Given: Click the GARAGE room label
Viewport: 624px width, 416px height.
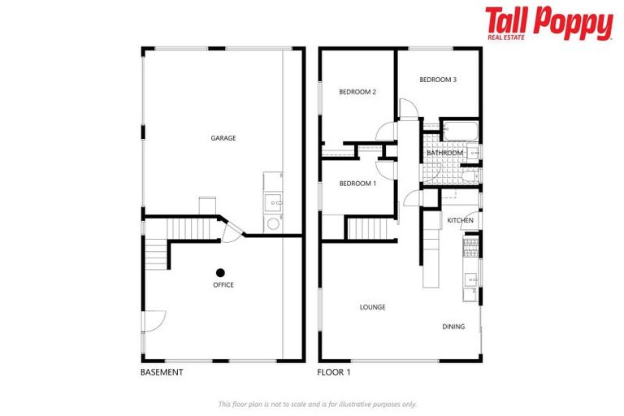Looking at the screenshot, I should [223, 138].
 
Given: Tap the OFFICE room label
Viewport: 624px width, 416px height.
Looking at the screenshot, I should [223, 285].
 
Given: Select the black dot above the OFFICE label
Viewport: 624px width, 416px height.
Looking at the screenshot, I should [220, 272].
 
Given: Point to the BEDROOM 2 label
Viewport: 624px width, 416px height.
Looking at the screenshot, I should [357, 92].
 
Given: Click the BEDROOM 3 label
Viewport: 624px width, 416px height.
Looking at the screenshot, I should [438, 80].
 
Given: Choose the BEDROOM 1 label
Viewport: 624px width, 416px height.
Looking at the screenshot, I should [357, 184].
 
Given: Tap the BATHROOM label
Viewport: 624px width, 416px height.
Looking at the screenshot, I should [444, 153].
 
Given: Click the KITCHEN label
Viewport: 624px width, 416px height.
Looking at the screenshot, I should [460, 221].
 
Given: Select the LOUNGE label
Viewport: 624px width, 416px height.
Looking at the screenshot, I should [373, 307].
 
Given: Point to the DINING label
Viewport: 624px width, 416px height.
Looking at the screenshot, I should [453, 327].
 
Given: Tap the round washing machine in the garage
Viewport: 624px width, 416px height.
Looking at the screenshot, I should [272, 223].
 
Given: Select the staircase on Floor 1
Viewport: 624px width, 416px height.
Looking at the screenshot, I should [371, 228].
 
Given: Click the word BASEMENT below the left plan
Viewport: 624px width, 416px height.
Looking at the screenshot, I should [162, 372].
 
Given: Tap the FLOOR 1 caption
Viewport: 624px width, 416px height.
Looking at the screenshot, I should [333, 372].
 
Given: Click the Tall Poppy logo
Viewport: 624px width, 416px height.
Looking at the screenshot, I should [548, 24].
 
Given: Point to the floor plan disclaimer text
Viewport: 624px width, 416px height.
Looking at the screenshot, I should [318, 404].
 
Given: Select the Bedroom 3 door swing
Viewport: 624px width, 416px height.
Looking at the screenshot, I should [407, 108].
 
